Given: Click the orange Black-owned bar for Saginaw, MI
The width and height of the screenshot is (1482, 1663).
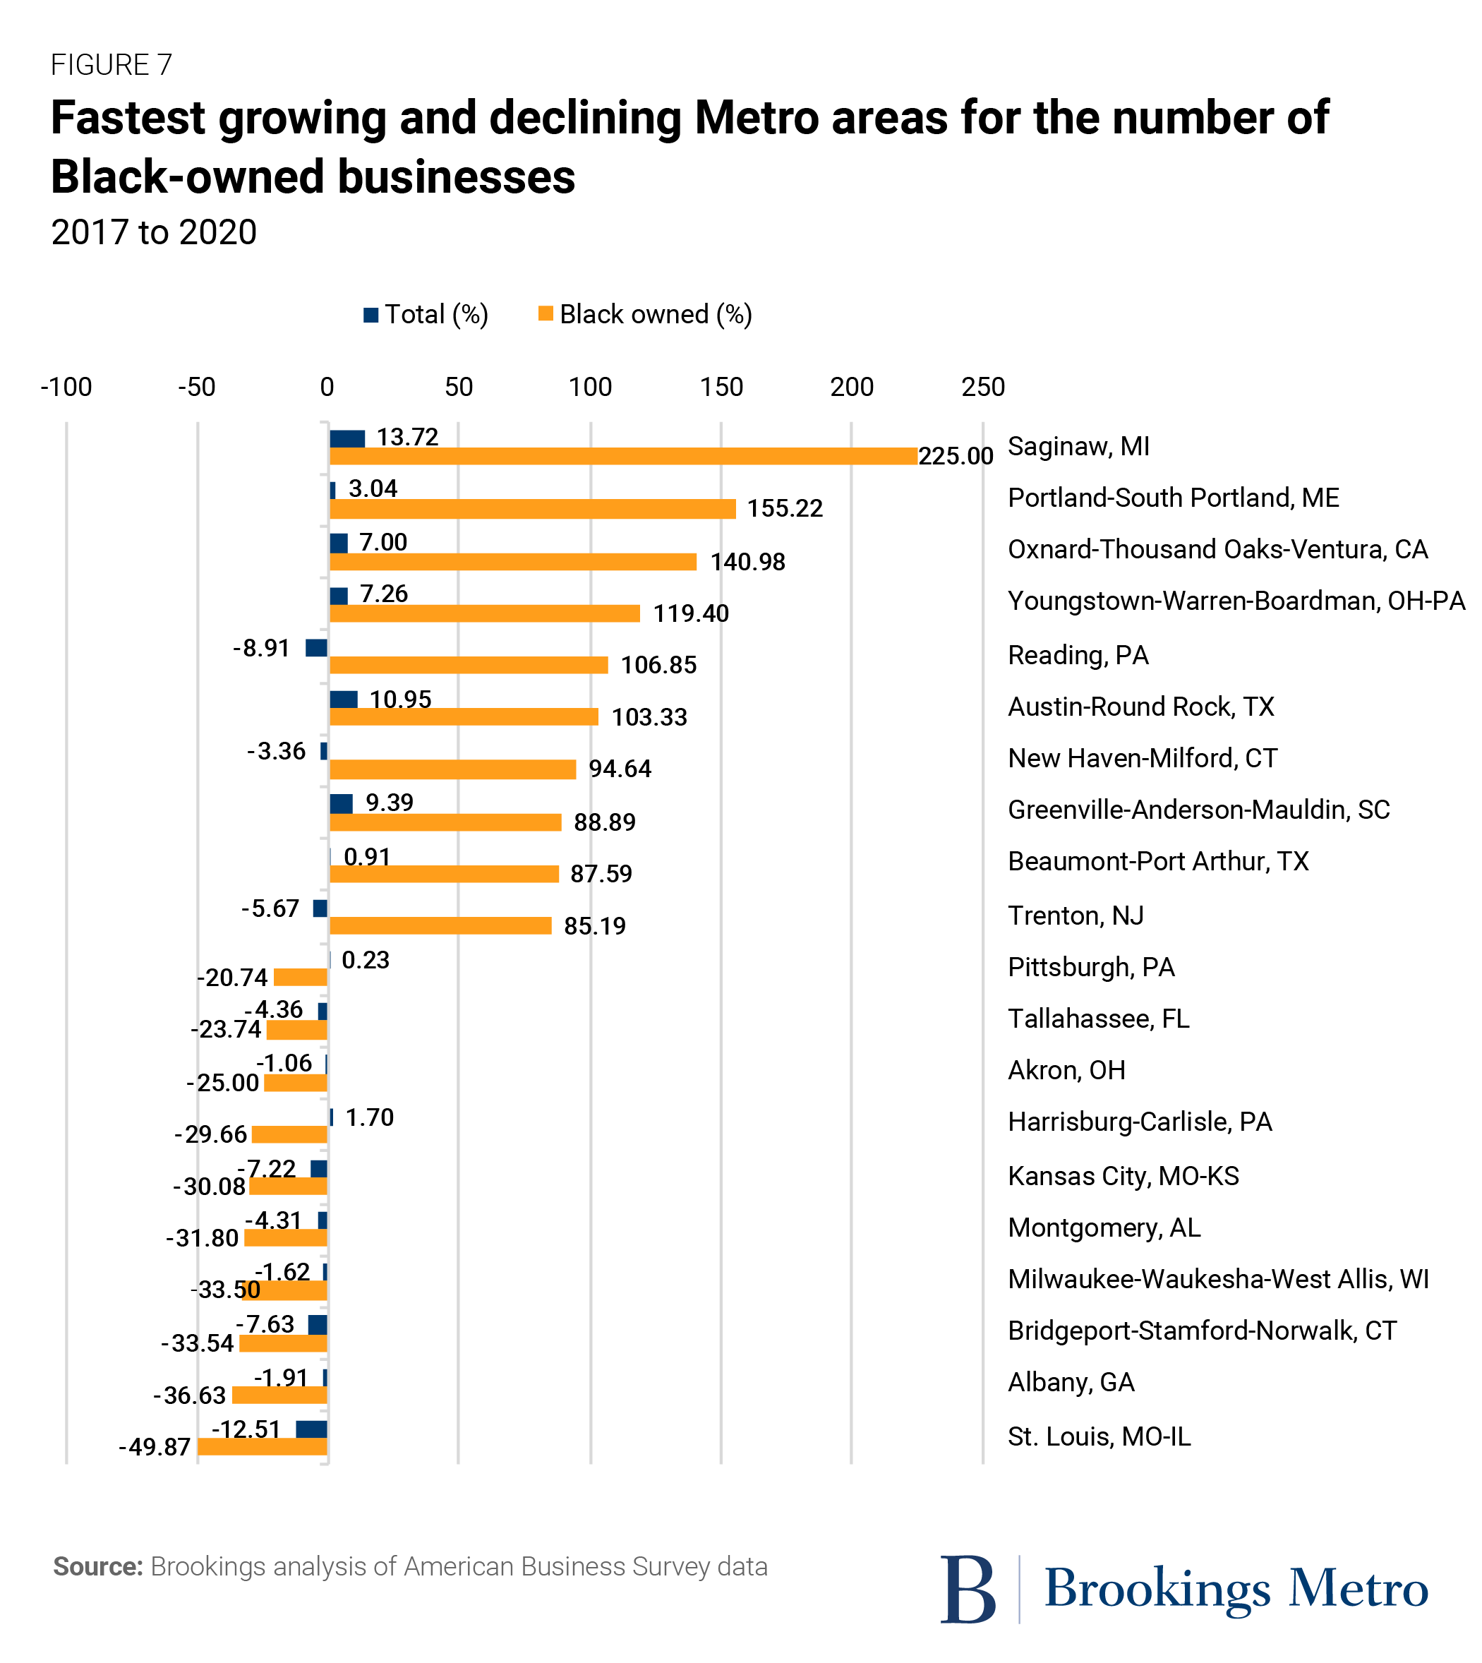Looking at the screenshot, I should (623, 456).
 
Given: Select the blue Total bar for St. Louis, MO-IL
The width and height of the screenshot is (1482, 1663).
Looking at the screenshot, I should (312, 1429).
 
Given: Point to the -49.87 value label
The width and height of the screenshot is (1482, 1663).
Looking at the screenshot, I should (155, 1447).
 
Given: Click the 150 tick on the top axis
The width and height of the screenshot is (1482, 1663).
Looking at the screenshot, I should (721, 387).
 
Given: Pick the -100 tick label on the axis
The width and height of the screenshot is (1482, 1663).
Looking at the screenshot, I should (66, 387).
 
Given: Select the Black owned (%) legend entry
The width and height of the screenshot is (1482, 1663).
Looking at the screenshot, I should (646, 314).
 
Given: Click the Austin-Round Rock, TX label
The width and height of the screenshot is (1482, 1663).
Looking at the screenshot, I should (1140, 706).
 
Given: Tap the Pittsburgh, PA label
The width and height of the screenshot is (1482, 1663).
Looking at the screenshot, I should (1090, 967).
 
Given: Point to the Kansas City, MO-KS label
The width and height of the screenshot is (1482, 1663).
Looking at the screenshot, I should (1123, 1176).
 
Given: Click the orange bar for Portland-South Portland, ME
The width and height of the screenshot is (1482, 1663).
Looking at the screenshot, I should (533, 509).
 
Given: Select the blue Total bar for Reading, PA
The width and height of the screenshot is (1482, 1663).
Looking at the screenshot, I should (317, 647).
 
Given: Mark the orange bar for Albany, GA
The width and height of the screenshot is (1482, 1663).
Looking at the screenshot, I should (280, 1395).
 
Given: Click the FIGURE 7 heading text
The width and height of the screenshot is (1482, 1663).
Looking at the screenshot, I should (112, 64).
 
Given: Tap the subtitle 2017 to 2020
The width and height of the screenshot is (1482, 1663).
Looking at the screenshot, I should (154, 232).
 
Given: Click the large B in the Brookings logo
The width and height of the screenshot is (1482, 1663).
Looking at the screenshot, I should (968, 1589).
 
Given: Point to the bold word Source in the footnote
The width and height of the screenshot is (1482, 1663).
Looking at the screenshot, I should (97, 1567).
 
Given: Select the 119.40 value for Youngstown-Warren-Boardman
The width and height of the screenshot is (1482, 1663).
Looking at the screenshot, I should (690, 613).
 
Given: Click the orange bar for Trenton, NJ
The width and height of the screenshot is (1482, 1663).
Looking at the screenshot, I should (440, 925).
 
